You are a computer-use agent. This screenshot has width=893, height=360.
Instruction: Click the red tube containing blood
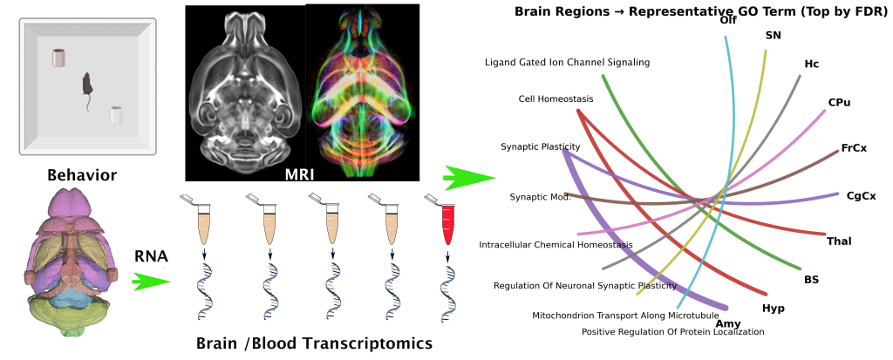point(448,222)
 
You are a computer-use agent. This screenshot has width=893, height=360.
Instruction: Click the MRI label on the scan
point(299,172)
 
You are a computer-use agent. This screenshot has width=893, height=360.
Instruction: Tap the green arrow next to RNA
point(150,282)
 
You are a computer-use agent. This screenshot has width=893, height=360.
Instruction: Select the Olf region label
point(728,20)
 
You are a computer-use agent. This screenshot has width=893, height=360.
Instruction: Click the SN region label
point(773,36)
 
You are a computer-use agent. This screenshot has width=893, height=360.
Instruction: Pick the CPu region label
point(839,102)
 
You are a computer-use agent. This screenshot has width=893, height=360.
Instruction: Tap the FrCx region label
point(854,148)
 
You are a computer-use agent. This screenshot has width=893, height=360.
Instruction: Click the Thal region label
point(840,241)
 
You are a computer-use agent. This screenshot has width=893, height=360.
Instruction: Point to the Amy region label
point(727,323)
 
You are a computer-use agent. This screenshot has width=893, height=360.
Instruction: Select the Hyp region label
point(774,308)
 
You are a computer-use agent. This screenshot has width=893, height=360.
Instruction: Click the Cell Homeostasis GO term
point(556,98)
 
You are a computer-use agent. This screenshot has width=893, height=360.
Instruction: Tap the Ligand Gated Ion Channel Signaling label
point(567,62)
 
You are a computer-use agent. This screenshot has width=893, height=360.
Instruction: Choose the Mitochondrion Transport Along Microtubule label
point(625,315)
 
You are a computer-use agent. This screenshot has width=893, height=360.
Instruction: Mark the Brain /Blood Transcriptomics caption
point(314,343)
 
